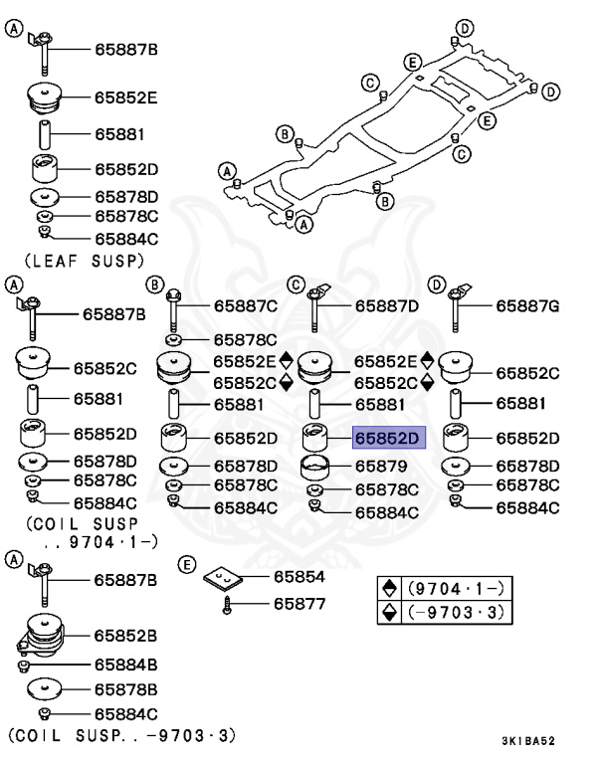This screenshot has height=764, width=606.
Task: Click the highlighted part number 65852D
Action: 388,438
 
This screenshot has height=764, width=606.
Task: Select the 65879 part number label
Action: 381,467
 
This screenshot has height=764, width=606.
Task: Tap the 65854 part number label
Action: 300,577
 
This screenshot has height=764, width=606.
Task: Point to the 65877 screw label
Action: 300,604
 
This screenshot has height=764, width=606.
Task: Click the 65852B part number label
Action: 125,636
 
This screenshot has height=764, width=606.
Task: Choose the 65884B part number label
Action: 125,665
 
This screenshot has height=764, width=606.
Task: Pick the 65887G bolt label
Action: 527,306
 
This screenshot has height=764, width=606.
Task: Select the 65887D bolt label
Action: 387,306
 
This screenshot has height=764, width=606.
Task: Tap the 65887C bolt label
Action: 246,306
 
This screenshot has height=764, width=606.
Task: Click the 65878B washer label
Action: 125,690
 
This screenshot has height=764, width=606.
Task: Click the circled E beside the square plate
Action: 186,565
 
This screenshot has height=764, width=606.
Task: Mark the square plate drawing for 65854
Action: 223,578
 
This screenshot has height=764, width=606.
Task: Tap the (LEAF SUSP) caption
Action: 85,262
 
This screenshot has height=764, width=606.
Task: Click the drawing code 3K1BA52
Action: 528,741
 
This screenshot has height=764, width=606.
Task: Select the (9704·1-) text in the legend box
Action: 456,589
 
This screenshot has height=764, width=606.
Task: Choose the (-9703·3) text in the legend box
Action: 456,612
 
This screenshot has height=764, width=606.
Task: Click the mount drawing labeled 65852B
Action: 42,635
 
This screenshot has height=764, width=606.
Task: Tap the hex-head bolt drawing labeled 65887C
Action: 173,310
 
